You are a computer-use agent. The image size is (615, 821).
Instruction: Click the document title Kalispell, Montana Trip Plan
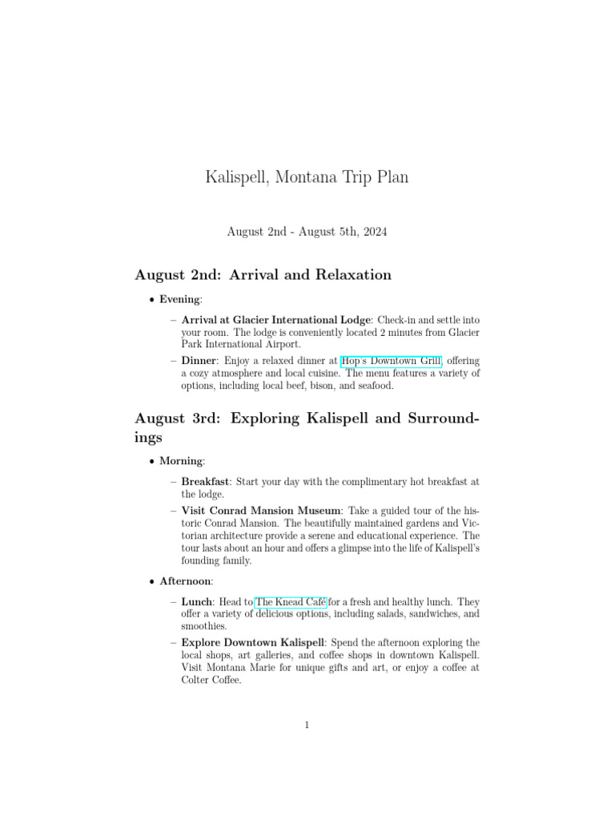pos(307,177)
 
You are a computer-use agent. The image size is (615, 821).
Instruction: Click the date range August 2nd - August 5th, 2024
pos(307,232)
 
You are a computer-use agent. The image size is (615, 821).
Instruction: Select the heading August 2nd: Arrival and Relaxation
pos(263,275)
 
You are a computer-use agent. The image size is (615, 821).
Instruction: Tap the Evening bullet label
pos(180,299)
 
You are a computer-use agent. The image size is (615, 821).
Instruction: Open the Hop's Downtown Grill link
pos(391,361)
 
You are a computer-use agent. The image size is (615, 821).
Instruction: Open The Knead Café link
pos(291,601)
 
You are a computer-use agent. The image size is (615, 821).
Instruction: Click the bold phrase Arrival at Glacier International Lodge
pos(276,320)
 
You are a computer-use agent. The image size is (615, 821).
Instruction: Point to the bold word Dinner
pos(199,361)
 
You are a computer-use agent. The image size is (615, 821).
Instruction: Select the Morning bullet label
pos(181,461)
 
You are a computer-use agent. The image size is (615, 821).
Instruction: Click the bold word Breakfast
pos(206,482)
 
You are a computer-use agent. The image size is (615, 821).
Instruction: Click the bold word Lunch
pos(196,601)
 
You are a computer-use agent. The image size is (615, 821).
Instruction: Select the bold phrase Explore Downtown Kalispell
pos(251,642)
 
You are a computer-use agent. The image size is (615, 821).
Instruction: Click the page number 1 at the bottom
pos(307,726)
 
